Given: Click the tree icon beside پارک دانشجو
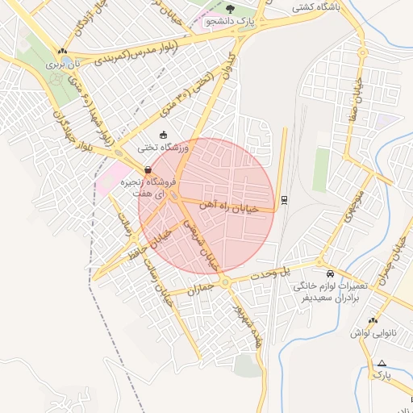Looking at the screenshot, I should coord(231,8).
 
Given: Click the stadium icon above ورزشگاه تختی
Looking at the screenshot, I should coord(164,135).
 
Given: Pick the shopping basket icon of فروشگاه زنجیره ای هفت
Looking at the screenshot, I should coord(148,170).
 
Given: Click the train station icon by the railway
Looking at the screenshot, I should coord(284,198).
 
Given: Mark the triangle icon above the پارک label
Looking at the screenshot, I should coord(382,363).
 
